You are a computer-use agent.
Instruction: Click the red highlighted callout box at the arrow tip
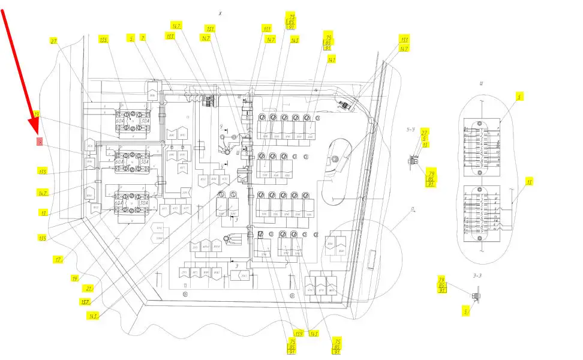(x=40, y=142)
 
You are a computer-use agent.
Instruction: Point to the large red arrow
(x=20, y=69)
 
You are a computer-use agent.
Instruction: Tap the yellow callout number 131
(x=211, y=28)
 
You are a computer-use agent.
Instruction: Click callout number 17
(x=57, y=260)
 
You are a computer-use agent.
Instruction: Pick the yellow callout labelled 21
(x=89, y=288)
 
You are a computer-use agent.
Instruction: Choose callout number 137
(x=87, y=301)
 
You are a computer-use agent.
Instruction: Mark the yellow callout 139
(x=298, y=333)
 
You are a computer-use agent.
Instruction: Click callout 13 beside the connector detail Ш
(x=529, y=181)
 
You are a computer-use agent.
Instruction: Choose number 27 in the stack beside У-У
(x=425, y=132)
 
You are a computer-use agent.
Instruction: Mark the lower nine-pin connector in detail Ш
(x=484, y=214)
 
